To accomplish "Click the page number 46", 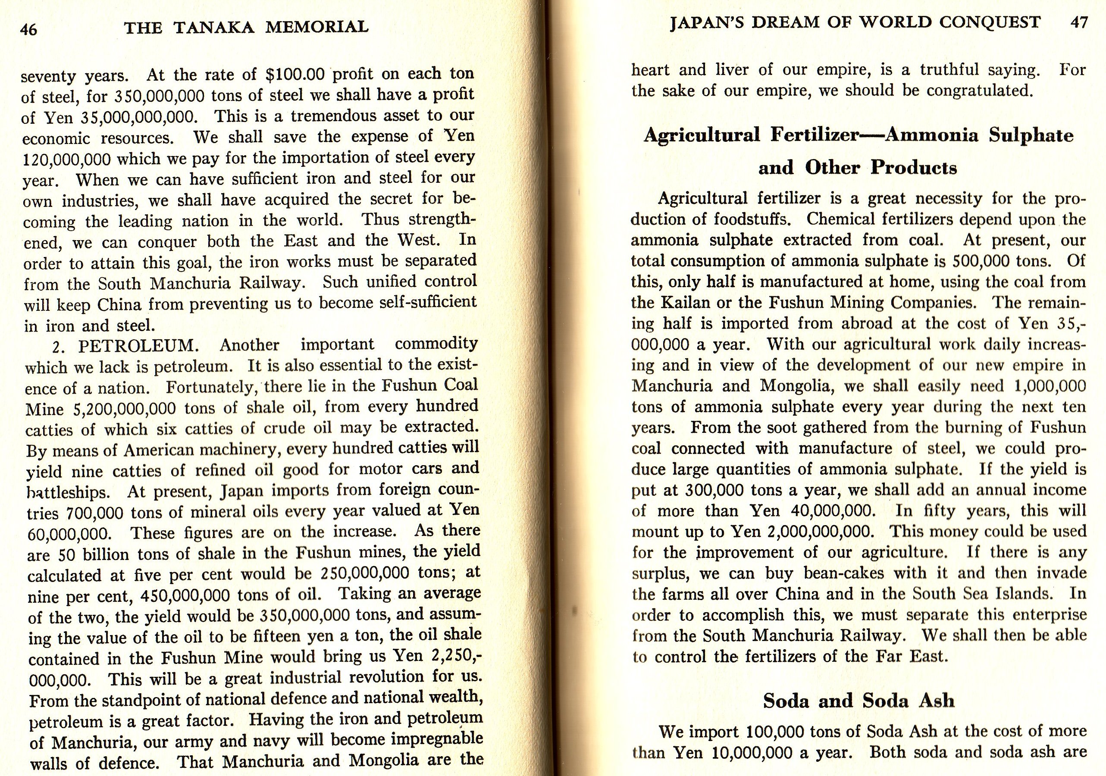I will [x=28, y=30].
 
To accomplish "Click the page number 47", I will [x=1078, y=23].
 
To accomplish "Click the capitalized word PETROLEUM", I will [x=136, y=346].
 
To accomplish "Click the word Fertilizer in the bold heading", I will [x=815, y=135].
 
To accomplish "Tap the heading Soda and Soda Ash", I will [x=858, y=701].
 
